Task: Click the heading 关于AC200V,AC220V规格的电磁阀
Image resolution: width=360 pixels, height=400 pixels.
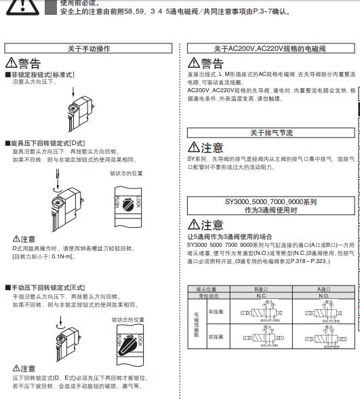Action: (270, 48)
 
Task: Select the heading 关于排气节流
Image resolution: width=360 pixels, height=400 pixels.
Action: (271, 133)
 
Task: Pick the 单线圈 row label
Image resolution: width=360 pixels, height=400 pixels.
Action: (215, 312)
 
